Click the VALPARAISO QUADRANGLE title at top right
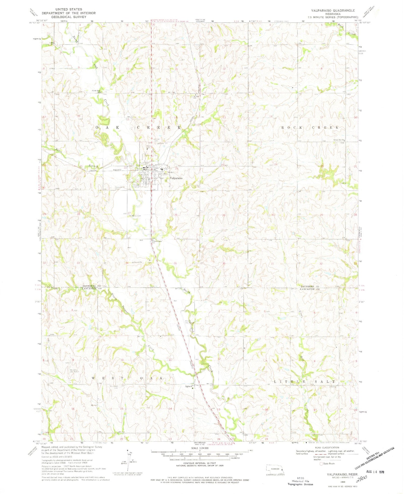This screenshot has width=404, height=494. [333, 11]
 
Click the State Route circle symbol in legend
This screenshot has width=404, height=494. [321, 464]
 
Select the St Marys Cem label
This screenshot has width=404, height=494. [135, 216]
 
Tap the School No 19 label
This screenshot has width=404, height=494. [339, 140]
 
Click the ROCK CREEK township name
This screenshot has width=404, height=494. [310, 127]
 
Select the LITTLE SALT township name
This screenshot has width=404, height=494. [304, 382]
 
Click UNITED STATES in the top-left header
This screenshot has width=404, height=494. [68, 9]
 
